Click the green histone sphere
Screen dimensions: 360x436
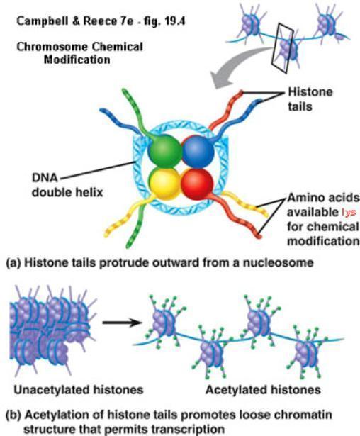point(164,152)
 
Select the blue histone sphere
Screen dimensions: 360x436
point(198,152)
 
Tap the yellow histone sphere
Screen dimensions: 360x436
point(164,184)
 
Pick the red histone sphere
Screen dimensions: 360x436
point(197,184)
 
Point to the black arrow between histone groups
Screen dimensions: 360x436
point(123,323)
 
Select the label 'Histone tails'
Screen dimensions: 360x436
point(310,99)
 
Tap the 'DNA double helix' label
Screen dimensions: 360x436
point(67,185)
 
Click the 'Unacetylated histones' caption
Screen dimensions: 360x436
point(79,389)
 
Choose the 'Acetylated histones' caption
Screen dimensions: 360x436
point(263,389)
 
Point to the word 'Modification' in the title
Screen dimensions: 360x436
point(77,60)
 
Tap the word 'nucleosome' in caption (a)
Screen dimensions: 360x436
point(279,262)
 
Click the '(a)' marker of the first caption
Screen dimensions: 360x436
point(13,263)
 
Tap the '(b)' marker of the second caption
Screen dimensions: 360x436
point(13,415)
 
